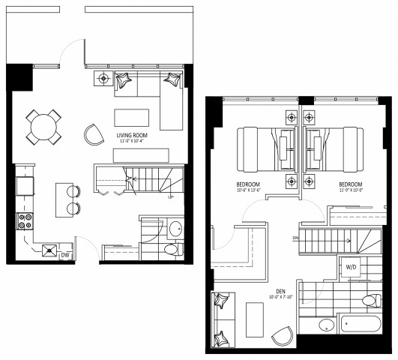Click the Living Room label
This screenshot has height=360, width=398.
click(x=131, y=136)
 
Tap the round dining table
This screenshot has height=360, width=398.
click(x=44, y=127)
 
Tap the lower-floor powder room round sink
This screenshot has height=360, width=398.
click(x=175, y=229)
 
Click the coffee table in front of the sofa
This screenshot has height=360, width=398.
click(x=131, y=118)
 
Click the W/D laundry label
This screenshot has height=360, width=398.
click(x=351, y=267)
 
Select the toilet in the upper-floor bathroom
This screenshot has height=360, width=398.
click(x=370, y=301)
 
